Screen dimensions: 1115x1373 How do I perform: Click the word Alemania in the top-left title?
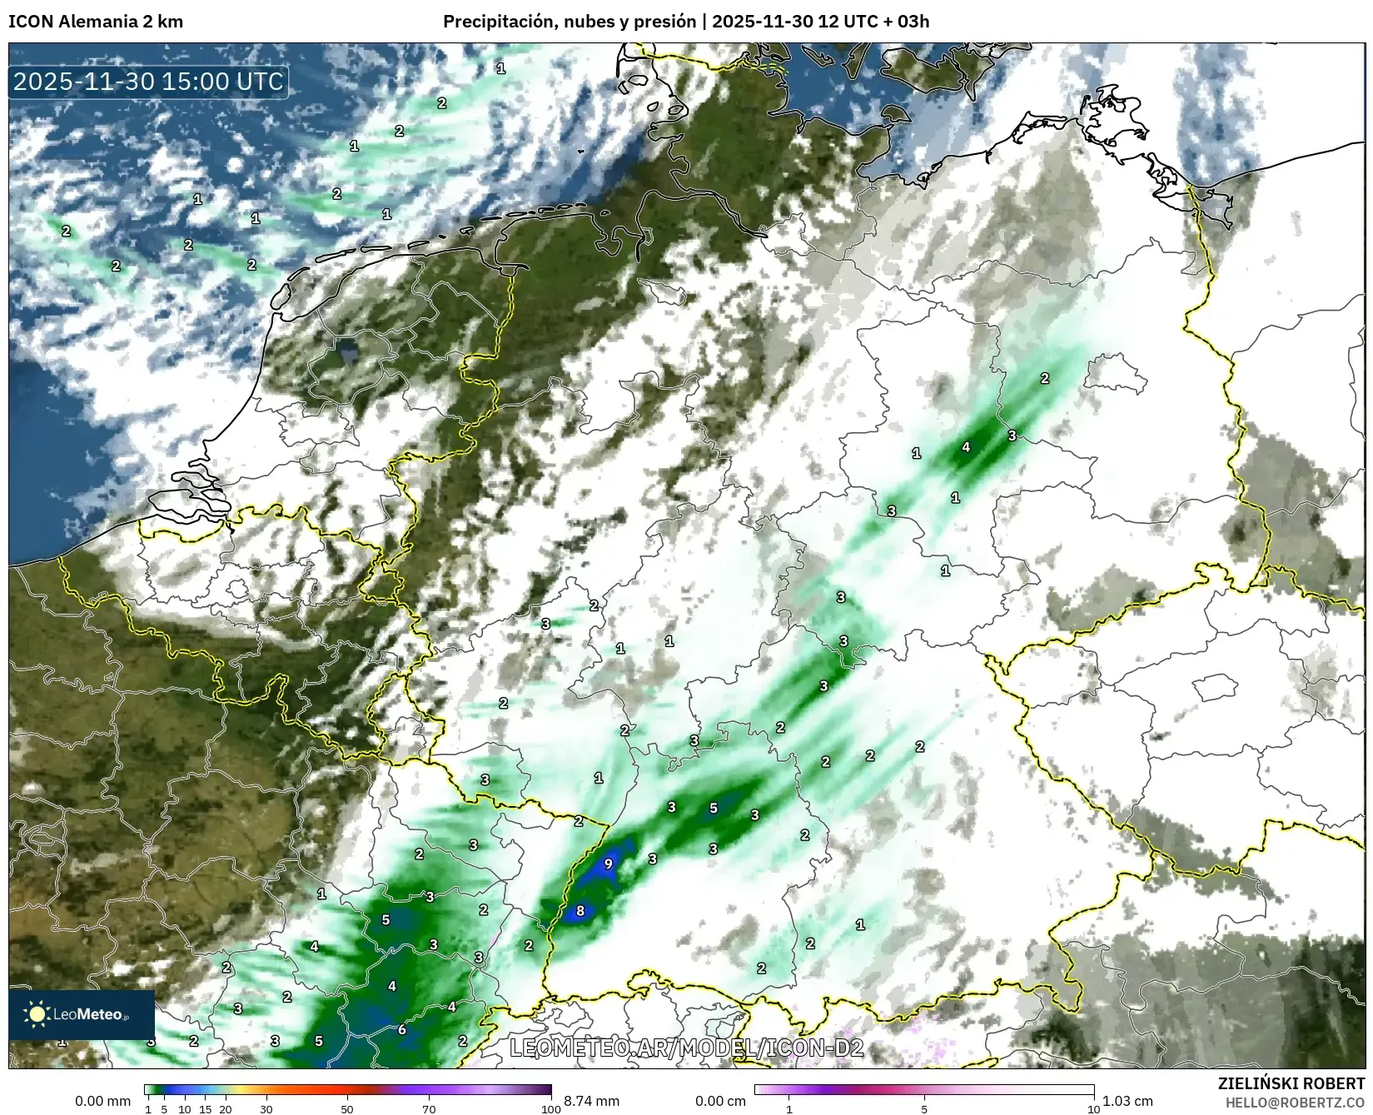[x=91, y=22]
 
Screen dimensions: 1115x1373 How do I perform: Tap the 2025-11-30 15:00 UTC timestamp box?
[x=149, y=82]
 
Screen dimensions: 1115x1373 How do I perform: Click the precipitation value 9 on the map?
[x=608, y=864]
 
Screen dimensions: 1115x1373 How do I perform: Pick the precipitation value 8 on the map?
[x=580, y=911]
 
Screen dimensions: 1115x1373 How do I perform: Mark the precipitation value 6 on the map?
[x=401, y=1029]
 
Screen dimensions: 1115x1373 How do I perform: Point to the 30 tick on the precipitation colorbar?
[x=266, y=1108]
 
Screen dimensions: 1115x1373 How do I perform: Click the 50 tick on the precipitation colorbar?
[x=347, y=1108]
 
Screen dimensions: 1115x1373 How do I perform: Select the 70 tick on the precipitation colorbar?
[x=429, y=1108]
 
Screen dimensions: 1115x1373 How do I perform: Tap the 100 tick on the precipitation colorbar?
[x=550, y=1108]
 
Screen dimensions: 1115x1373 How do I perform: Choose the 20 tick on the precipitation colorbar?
[x=225, y=1108]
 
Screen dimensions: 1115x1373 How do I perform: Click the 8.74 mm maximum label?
[x=591, y=1101]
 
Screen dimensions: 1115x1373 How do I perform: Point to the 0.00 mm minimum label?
[x=102, y=1101]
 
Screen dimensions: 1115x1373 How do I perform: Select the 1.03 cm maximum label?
[x=1127, y=1101]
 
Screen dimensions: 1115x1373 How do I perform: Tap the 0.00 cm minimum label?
[x=722, y=1101]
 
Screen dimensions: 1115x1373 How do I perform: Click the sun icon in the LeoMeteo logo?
[x=37, y=1013]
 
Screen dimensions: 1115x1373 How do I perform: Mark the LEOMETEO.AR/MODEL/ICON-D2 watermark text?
[x=686, y=1048]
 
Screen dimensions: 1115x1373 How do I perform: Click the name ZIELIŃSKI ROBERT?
[x=1291, y=1083]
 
